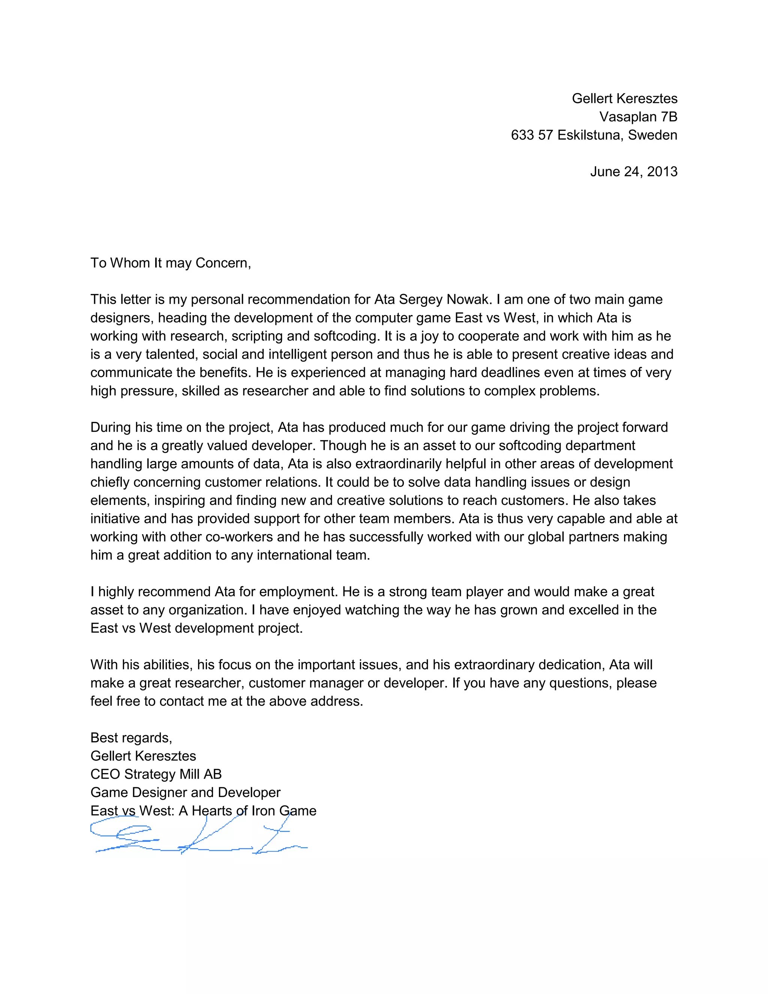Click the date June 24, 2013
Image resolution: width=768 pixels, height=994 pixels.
coord(633,171)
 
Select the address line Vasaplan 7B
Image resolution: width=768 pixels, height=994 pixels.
coord(638,117)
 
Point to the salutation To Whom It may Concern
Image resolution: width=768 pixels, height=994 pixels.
coord(171,263)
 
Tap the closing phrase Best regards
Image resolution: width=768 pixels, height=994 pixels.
coord(131,738)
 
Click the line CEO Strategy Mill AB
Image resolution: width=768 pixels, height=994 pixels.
coord(156,774)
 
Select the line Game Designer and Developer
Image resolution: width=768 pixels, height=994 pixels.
coord(186,792)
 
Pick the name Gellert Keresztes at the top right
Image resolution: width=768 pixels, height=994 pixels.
coord(624,99)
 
